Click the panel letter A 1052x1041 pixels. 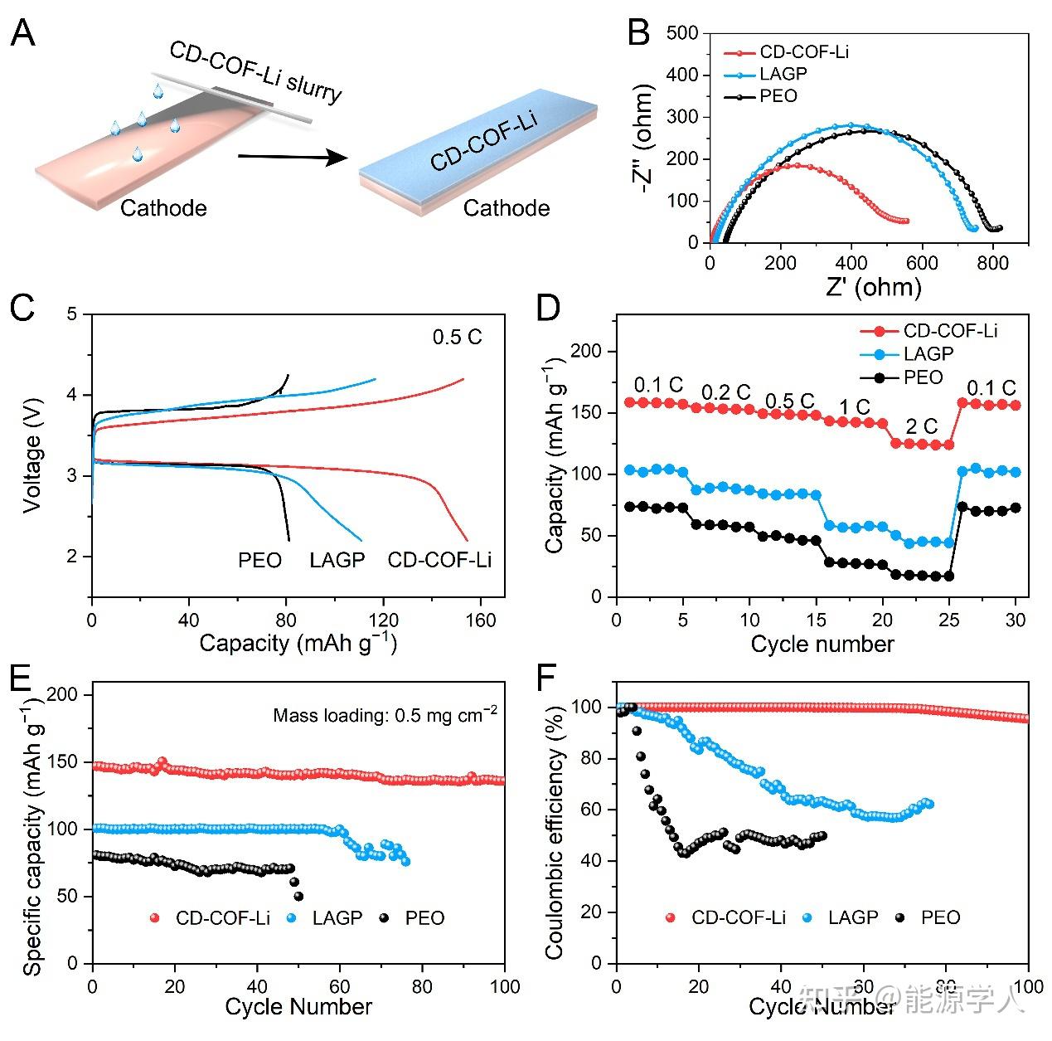[x=22, y=34]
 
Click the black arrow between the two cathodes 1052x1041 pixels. [x=291, y=156]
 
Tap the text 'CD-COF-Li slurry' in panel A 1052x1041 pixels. [x=255, y=71]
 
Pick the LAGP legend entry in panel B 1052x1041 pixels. [x=783, y=74]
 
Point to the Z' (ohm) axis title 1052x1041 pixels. [x=874, y=286]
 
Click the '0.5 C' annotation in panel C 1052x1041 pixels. [x=457, y=338]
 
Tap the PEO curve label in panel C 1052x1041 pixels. [x=259, y=561]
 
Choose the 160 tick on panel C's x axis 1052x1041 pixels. [x=480, y=620]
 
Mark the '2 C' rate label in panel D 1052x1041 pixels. [x=921, y=427]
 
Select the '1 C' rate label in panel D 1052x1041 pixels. [x=854, y=407]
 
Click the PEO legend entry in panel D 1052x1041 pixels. [x=923, y=377]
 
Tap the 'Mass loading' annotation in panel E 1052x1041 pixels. [x=385, y=715]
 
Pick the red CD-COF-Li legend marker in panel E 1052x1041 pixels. [x=154, y=918]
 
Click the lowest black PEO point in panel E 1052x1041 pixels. [x=298, y=896]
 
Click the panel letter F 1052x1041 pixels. [x=547, y=679]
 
